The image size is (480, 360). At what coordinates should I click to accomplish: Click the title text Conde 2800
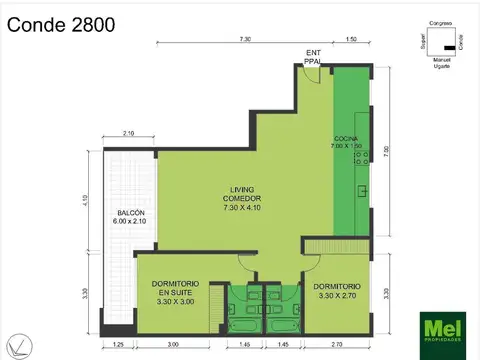point(61,23)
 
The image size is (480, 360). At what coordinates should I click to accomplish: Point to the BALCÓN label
point(131,216)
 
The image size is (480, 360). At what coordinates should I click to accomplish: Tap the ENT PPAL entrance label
point(314,57)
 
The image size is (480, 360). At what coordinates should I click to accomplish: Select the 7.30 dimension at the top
point(245,38)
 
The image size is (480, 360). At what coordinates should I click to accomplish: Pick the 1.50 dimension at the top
point(351,38)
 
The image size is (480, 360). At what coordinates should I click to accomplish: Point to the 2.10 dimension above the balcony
point(128,133)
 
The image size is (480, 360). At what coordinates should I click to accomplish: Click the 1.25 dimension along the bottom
point(119,344)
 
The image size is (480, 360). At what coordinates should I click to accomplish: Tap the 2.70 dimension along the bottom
point(337,344)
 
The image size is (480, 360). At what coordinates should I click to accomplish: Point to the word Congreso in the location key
point(440,23)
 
